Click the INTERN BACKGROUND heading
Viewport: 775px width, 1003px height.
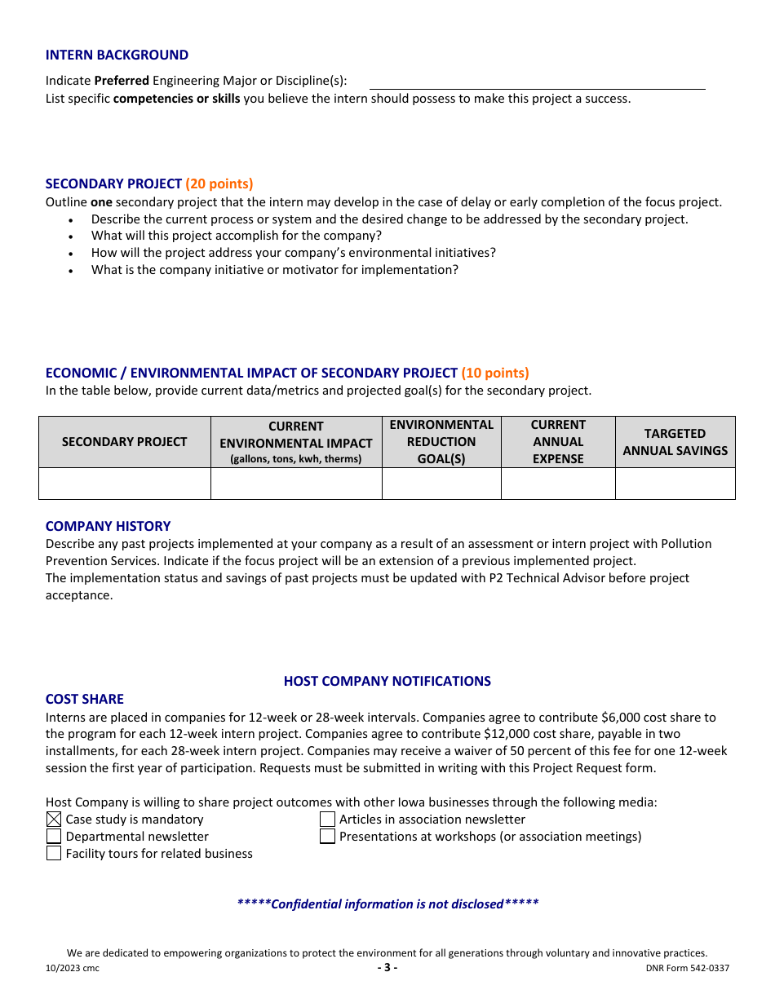click(x=117, y=55)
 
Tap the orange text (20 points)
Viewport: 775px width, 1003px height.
click(x=219, y=183)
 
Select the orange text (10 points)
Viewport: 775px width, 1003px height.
click(x=495, y=373)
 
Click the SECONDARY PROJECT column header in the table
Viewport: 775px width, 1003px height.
click(x=125, y=442)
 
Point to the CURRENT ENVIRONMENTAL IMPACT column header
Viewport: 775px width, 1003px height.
click(x=296, y=442)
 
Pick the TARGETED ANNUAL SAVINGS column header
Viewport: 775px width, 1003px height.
click(x=675, y=442)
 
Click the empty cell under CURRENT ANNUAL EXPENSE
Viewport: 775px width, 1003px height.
click(x=558, y=484)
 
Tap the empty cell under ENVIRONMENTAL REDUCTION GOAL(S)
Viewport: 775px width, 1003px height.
click(x=441, y=484)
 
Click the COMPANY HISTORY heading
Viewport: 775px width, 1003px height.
click(x=108, y=526)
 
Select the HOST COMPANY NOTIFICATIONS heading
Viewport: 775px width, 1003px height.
click(x=387, y=681)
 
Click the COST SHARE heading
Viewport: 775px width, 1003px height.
click(x=85, y=699)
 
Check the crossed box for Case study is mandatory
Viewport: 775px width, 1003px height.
click(x=54, y=820)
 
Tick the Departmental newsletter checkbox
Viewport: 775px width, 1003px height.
click(x=54, y=837)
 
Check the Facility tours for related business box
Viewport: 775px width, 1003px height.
click(x=54, y=854)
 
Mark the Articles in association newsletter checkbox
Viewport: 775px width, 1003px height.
click(x=327, y=820)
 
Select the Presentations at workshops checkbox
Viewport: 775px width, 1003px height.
click(x=327, y=837)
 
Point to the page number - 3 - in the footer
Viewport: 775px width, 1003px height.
click(x=387, y=968)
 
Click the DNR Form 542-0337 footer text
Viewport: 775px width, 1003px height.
click(x=687, y=969)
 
